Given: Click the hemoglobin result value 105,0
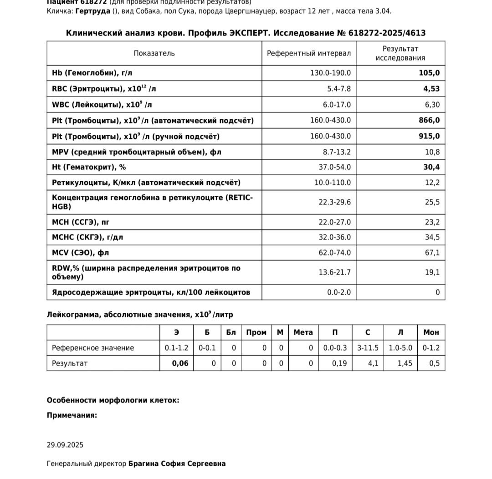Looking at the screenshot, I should (429, 73).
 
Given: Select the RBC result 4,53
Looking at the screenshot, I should (431, 89).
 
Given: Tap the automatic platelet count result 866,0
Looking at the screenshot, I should (429, 120).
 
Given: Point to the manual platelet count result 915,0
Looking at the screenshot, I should (429, 136).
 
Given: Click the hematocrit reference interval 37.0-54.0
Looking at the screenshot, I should (335, 167).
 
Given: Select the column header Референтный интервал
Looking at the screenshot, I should (309, 53).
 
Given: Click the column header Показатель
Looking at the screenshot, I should (154, 53).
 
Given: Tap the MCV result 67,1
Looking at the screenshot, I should (432, 253).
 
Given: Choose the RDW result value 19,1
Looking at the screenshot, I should (432, 272).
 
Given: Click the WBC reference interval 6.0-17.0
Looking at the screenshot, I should (337, 105).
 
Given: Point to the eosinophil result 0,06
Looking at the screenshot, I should (180, 363).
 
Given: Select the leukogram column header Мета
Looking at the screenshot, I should (303, 332).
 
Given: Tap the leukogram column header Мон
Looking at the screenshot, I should (431, 332).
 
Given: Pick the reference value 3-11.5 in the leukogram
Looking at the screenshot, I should (368, 348).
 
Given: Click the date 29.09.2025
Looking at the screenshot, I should (65, 445).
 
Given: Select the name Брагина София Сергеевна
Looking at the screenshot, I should (177, 464).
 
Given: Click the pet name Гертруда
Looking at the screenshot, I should (92, 11).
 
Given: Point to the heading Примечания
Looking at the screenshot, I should (72, 415).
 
